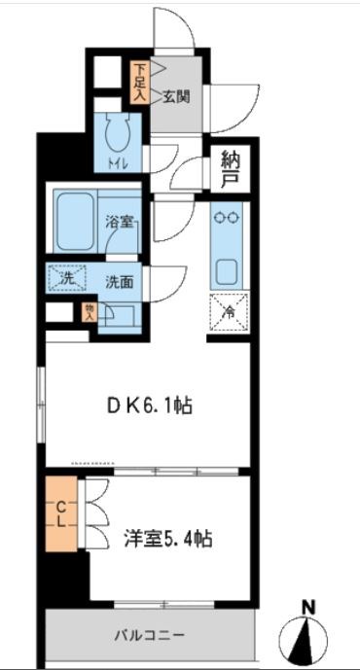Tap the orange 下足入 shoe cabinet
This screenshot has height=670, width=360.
click(x=139, y=82)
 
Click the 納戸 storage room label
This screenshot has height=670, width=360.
click(x=230, y=169)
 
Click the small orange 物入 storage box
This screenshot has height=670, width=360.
click(x=90, y=311)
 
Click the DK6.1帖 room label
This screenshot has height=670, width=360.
click(x=150, y=406)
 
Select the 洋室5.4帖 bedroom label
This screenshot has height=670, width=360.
click(x=168, y=538)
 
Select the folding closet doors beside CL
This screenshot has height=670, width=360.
click(x=94, y=515)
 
